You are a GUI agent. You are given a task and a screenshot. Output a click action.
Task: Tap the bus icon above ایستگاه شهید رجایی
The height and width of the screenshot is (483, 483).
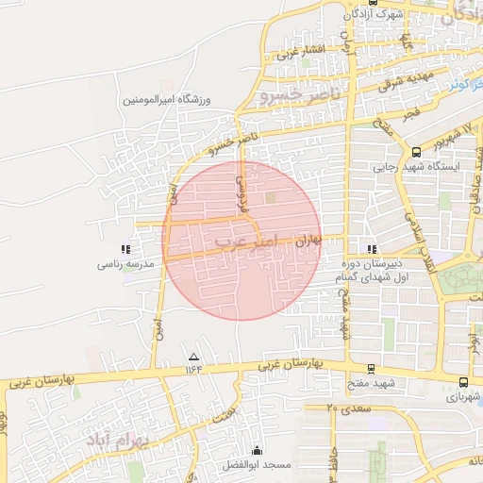pos(417,151)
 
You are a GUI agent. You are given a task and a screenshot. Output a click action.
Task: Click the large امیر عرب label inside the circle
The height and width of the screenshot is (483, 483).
pos(246,241)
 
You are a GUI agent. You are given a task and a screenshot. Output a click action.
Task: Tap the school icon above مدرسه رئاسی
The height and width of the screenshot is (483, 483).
pos(125,249)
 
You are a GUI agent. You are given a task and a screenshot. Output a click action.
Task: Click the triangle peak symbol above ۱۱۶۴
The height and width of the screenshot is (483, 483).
pos(194,357)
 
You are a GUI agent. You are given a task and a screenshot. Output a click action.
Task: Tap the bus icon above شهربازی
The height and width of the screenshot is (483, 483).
pos(463,382)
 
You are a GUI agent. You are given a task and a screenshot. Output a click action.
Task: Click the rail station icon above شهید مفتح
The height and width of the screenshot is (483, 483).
pos(371,369)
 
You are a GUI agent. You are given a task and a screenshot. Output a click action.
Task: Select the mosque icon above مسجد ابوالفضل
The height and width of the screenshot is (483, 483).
pos(257,450)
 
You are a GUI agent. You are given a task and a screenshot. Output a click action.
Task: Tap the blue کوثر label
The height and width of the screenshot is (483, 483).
pos(459,85)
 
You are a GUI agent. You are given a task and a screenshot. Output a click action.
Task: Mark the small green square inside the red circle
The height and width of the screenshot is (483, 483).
pos(272,198)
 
